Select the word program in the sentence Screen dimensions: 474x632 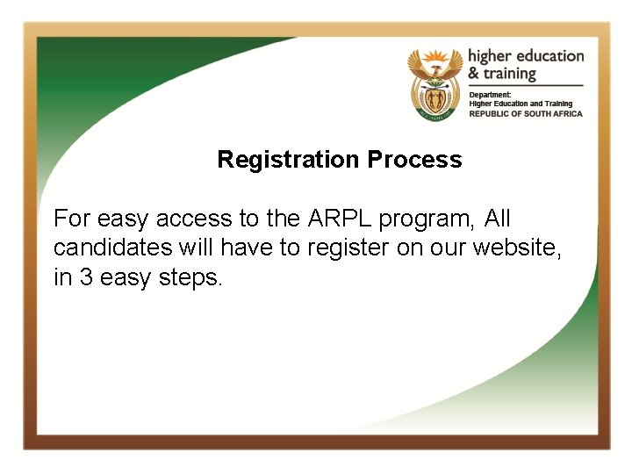point(421,219)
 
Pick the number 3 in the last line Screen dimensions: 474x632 point(84,277)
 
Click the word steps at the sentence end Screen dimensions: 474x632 point(192,278)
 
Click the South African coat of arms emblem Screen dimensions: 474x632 point(434,83)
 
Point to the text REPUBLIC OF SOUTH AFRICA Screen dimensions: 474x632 point(525,114)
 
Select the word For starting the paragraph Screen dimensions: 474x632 point(71,218)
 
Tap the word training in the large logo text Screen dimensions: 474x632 point(510,75)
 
